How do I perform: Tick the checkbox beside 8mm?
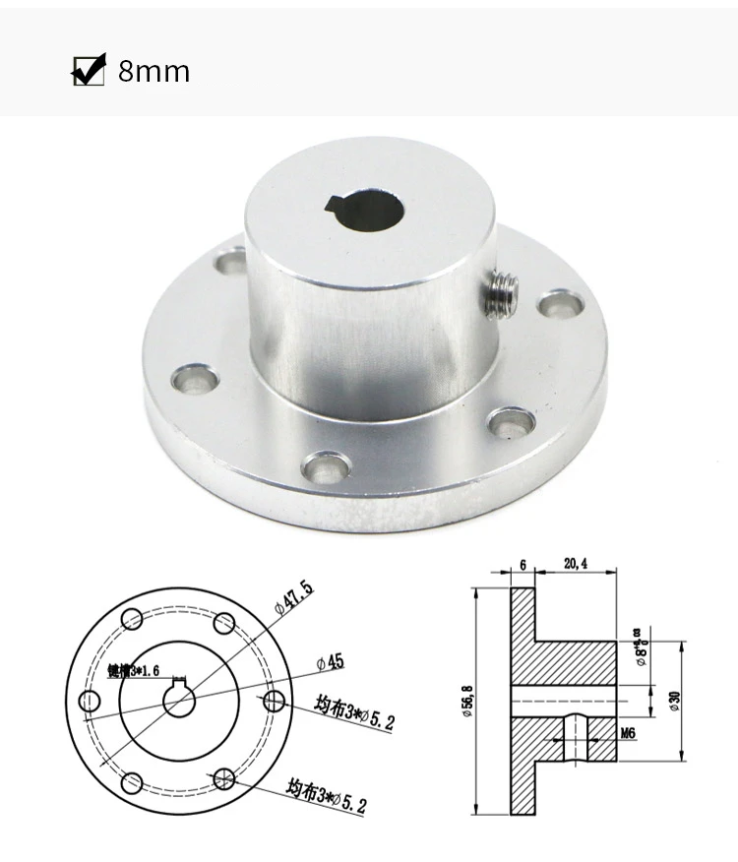[88, 71]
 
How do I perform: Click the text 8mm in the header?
[154, 72]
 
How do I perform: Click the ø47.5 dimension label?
[293, 599]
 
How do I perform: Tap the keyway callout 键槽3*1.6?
[132, 671]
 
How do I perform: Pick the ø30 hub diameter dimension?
[674, 700]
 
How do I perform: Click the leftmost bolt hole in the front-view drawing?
[90, 701]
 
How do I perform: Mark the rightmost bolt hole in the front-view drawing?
[275, 701]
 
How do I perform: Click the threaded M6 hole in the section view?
[575, 736]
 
